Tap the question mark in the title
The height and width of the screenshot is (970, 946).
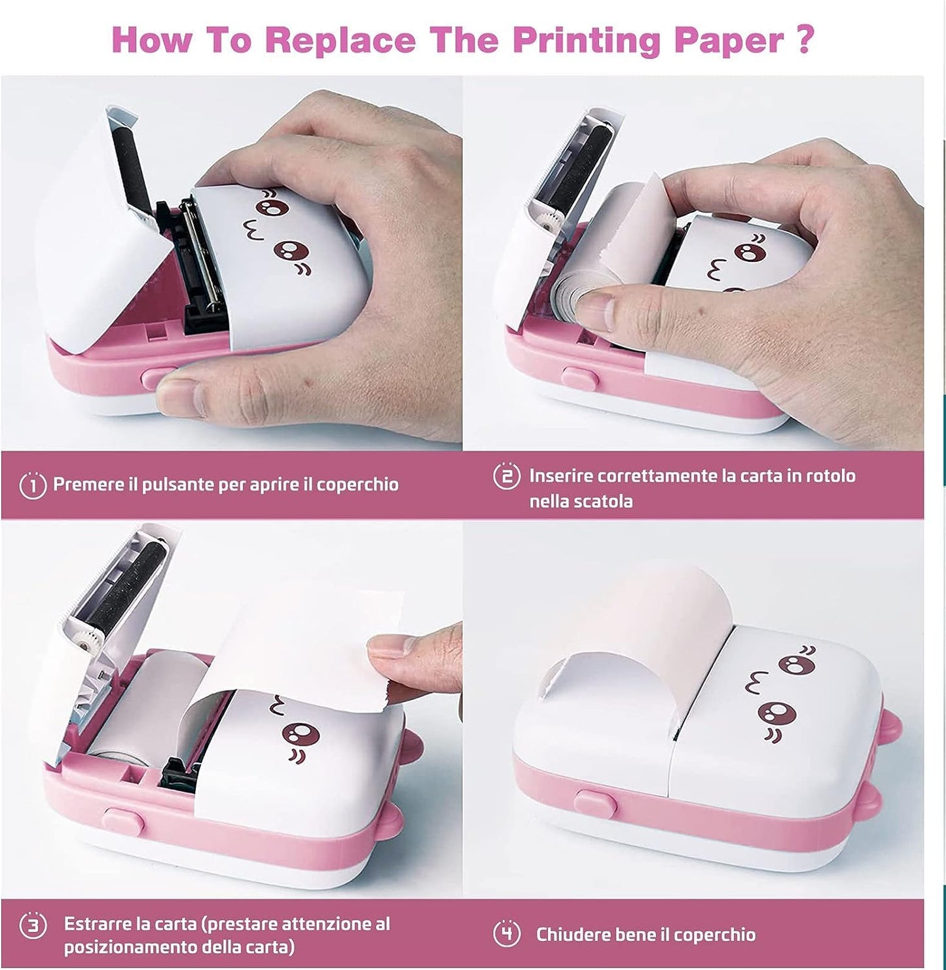pyautogui.click(x=806, y=39)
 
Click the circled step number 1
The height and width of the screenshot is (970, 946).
pyautogui.click(x=33, y=485)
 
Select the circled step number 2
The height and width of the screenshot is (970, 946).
pyautogui.click(x=506, y=476)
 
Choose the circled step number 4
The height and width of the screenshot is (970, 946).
pyautogui.click(x=506, y=934)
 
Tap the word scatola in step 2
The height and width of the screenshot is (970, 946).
pyautogui.click(x=600, y=502)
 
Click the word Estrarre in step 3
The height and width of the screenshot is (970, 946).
pyautogui.click(x=98, y=924)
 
